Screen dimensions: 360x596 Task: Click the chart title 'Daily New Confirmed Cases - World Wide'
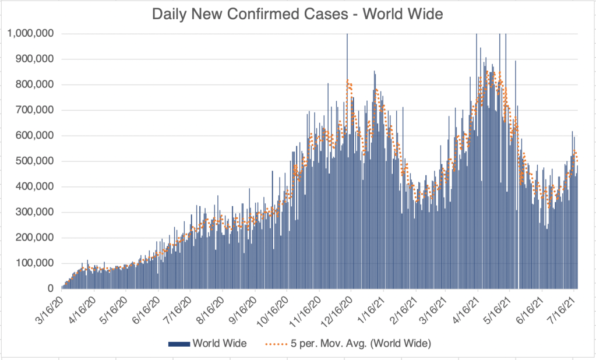(298, 15)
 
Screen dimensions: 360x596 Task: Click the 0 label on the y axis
(51, 289)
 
